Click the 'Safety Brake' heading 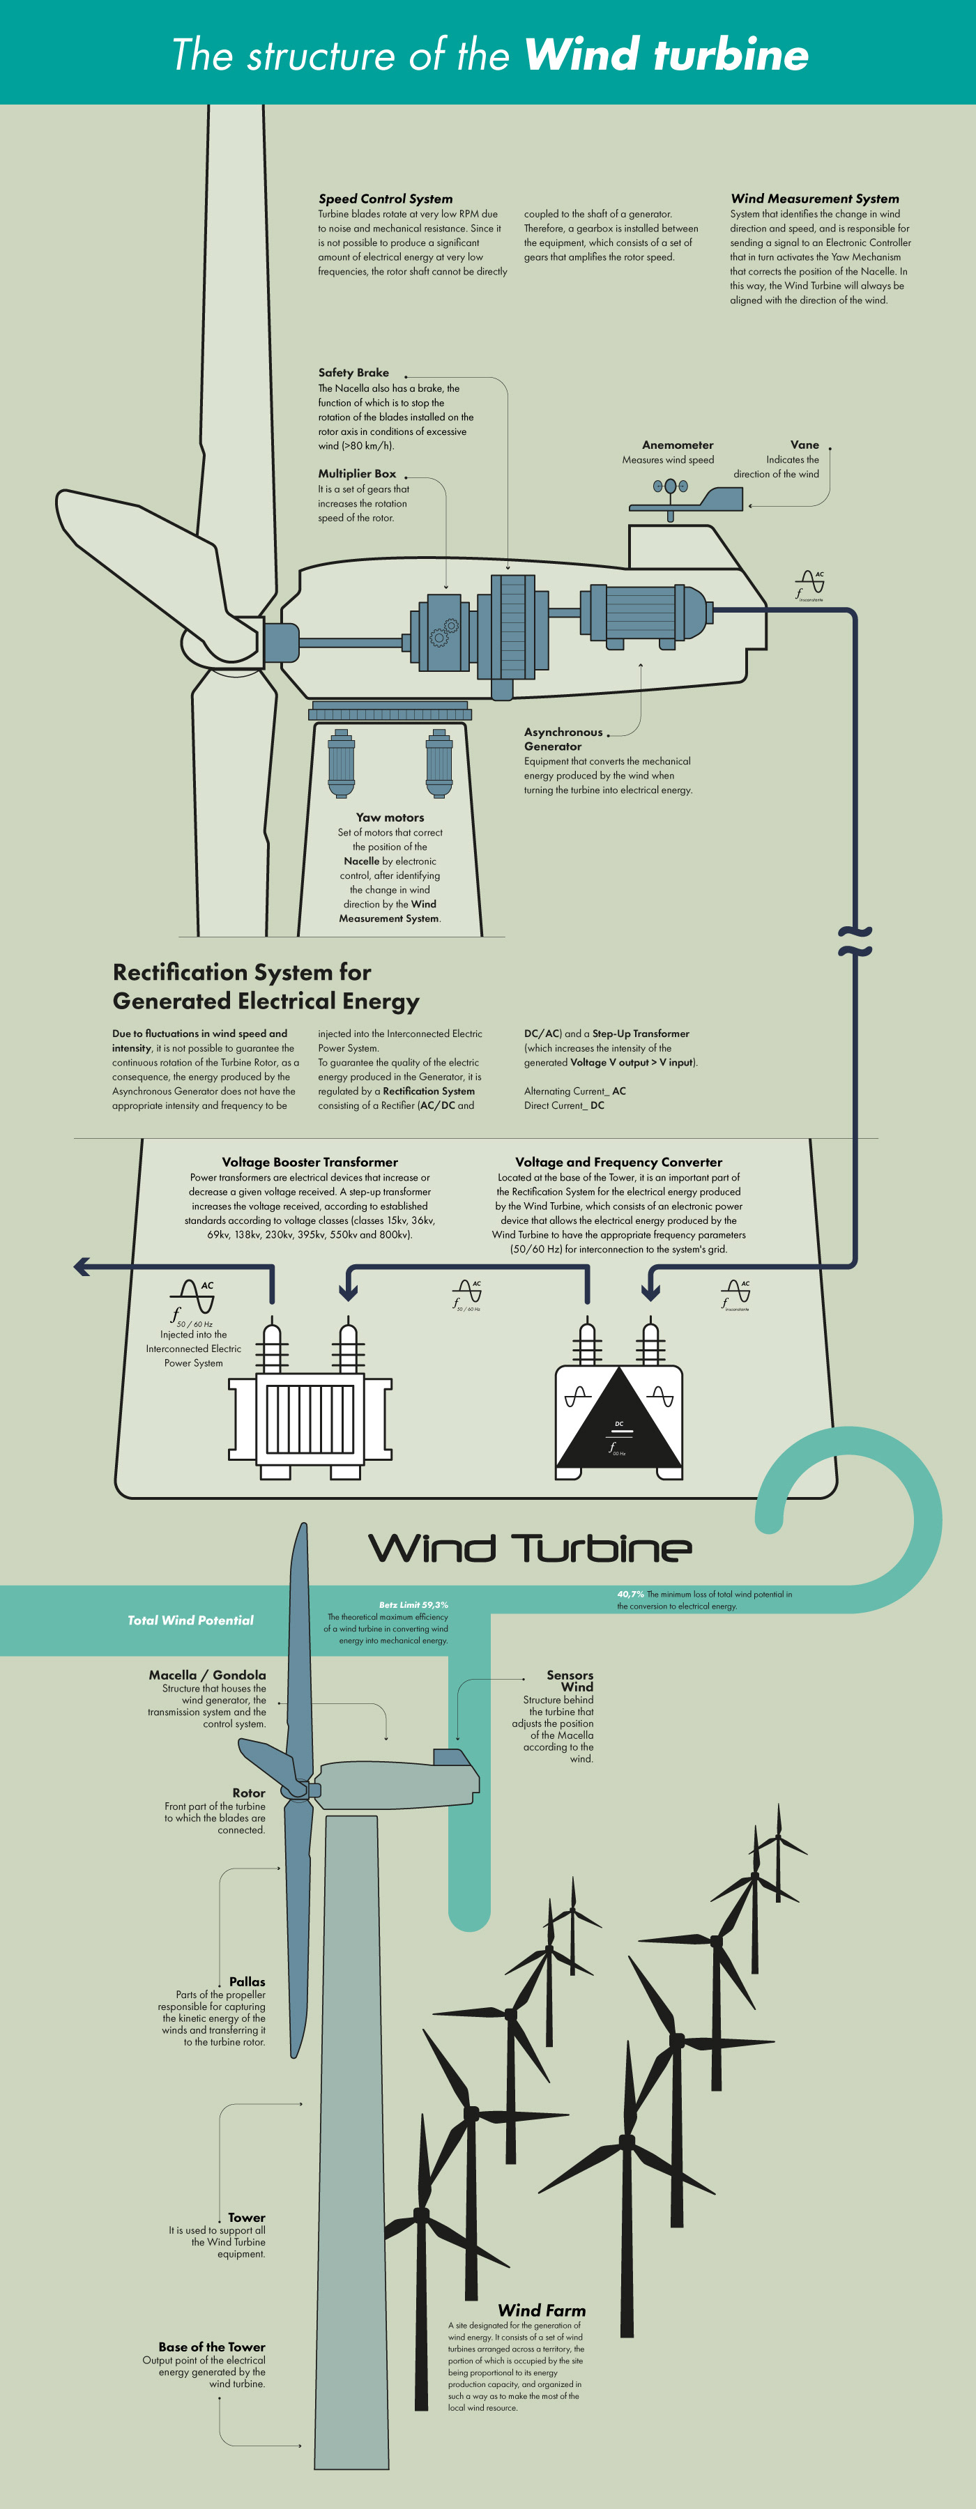point(353,372)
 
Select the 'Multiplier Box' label point(356,473)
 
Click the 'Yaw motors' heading point(390,818)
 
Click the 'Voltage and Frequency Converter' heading point(618,1162)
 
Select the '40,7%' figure point(630,1595)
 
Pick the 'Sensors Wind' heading point(571,1680)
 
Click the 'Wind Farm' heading point(542,2310)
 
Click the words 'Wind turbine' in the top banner point(666,54)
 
